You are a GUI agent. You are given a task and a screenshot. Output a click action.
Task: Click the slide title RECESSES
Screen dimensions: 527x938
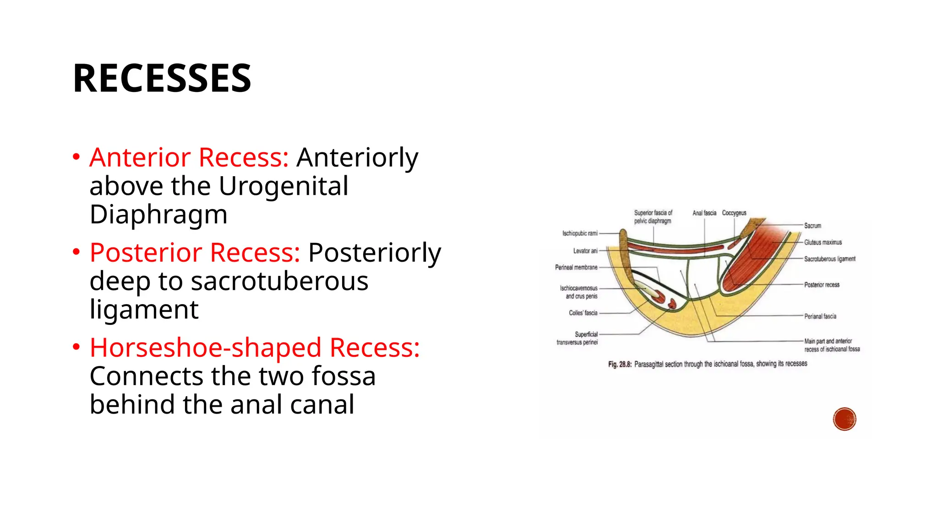click(x=162, y=78)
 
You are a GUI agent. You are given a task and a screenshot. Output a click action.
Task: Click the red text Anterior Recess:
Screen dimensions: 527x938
click(x=189, y=157)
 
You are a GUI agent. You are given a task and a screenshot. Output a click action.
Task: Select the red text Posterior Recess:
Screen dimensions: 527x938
click(x=195, y=253)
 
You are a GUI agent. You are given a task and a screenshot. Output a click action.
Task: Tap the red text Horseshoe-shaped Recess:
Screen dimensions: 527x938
click(x=255, y=348)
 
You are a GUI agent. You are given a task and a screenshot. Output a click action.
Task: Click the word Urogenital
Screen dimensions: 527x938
click(x=284, y=186)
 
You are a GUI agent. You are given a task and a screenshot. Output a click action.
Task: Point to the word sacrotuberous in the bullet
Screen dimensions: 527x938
click(x=279, y=281)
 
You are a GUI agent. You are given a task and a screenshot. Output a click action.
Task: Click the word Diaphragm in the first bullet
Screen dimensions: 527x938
click(x=158, y=215)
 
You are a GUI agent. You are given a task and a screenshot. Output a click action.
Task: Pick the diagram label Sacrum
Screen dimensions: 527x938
click(x=813, y=226)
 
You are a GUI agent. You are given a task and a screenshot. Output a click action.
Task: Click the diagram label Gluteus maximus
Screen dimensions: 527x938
click(x=823, y=242)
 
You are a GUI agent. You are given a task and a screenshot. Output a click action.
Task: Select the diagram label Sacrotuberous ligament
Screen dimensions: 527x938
click(x=829, y=259)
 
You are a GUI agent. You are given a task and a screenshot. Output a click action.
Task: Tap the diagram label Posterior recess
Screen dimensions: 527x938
click(x=822, y=285)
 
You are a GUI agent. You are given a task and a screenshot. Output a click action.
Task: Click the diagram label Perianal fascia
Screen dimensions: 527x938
click(x=820, y=316)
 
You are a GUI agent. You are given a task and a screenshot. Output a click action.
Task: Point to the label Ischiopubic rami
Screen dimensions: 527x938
click(x=580, y=233)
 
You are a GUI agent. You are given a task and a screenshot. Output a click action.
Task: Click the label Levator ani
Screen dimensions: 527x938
click(x=585, y=251)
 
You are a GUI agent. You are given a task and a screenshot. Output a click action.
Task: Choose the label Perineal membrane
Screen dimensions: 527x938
click(x=576, y=267)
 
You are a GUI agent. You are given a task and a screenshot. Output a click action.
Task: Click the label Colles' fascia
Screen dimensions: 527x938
click(x=583, y=313)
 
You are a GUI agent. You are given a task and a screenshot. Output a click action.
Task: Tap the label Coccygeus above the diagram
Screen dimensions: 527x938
click(x=734, y=213)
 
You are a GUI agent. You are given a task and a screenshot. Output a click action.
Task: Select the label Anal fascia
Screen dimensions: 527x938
click(x=704, y=213)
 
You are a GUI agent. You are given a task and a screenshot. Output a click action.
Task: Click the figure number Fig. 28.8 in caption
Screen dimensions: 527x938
click(x=620, y=365)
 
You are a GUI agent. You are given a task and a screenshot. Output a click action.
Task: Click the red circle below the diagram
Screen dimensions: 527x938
click(x=844, y=419)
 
